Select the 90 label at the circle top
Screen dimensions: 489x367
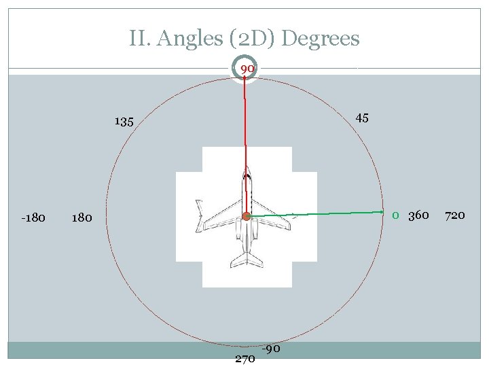[247, 69]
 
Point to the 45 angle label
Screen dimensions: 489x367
[362, 118]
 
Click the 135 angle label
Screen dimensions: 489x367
[124, 122]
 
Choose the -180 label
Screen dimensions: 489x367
[33, 217]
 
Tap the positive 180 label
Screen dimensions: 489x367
[81, 218]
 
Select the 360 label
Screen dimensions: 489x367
[418, 215]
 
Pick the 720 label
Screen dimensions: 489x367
[454, 215]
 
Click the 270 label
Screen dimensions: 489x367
[244, 358]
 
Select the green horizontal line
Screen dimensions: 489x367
[319, 213]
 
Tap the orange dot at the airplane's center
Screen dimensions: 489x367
[247, 216]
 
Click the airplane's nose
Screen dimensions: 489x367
[246, 170]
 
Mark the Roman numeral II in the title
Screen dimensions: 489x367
[139, 39]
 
